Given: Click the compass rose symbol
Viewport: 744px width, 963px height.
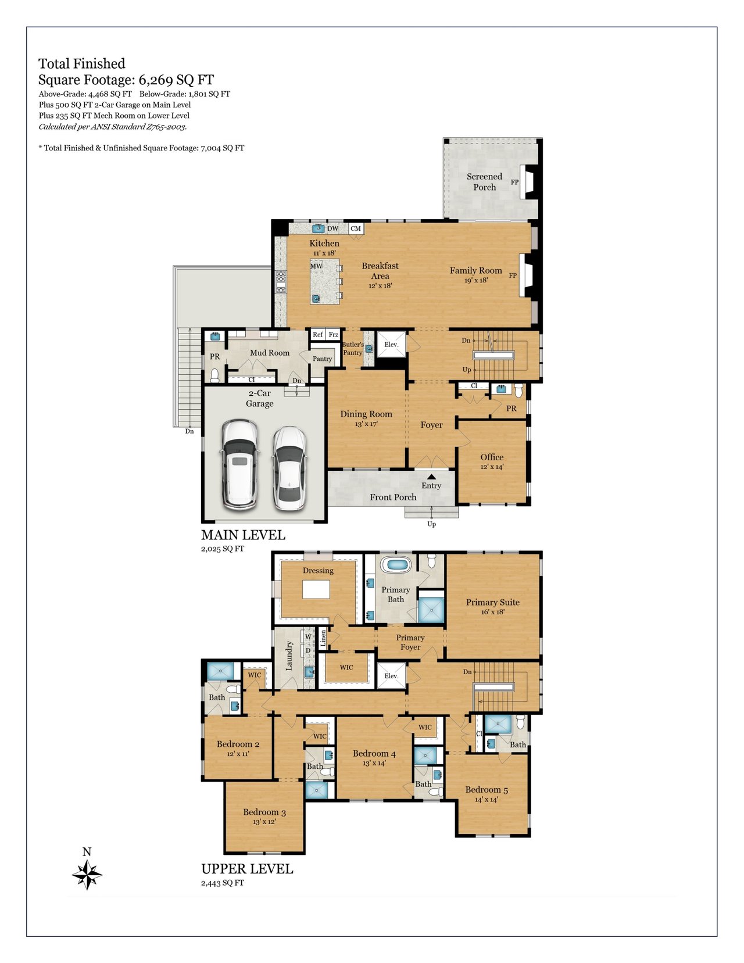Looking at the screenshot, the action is [87, 875].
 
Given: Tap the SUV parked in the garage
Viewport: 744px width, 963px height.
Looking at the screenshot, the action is [239, 466].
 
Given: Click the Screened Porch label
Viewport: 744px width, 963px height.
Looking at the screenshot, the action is [484, 182].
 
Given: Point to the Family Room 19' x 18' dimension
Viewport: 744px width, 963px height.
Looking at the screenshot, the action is [476, 280].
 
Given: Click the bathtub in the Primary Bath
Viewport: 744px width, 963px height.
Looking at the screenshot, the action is [396, 564].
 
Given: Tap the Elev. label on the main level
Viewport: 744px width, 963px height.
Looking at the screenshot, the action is [391, 344].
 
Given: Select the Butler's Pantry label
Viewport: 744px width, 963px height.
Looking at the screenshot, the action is [353, 348].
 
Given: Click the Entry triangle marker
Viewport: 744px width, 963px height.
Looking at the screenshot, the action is [431, 477].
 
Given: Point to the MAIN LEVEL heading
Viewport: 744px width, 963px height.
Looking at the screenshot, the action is [243, 535].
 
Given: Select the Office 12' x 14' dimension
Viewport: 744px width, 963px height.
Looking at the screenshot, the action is [492, 467].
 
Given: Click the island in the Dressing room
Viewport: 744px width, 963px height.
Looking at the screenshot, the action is [316, 589].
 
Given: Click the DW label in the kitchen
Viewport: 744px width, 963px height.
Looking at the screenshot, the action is [333, 228].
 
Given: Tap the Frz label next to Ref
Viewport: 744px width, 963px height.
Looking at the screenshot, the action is [333, 335].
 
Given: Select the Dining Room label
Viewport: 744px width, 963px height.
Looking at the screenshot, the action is [366, 414].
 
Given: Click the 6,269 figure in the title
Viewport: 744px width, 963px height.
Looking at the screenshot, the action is [156, 80].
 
